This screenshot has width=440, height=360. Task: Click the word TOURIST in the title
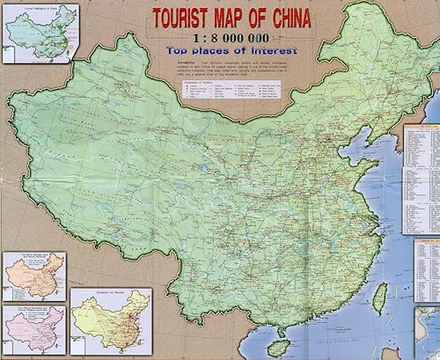pos(187,18)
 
